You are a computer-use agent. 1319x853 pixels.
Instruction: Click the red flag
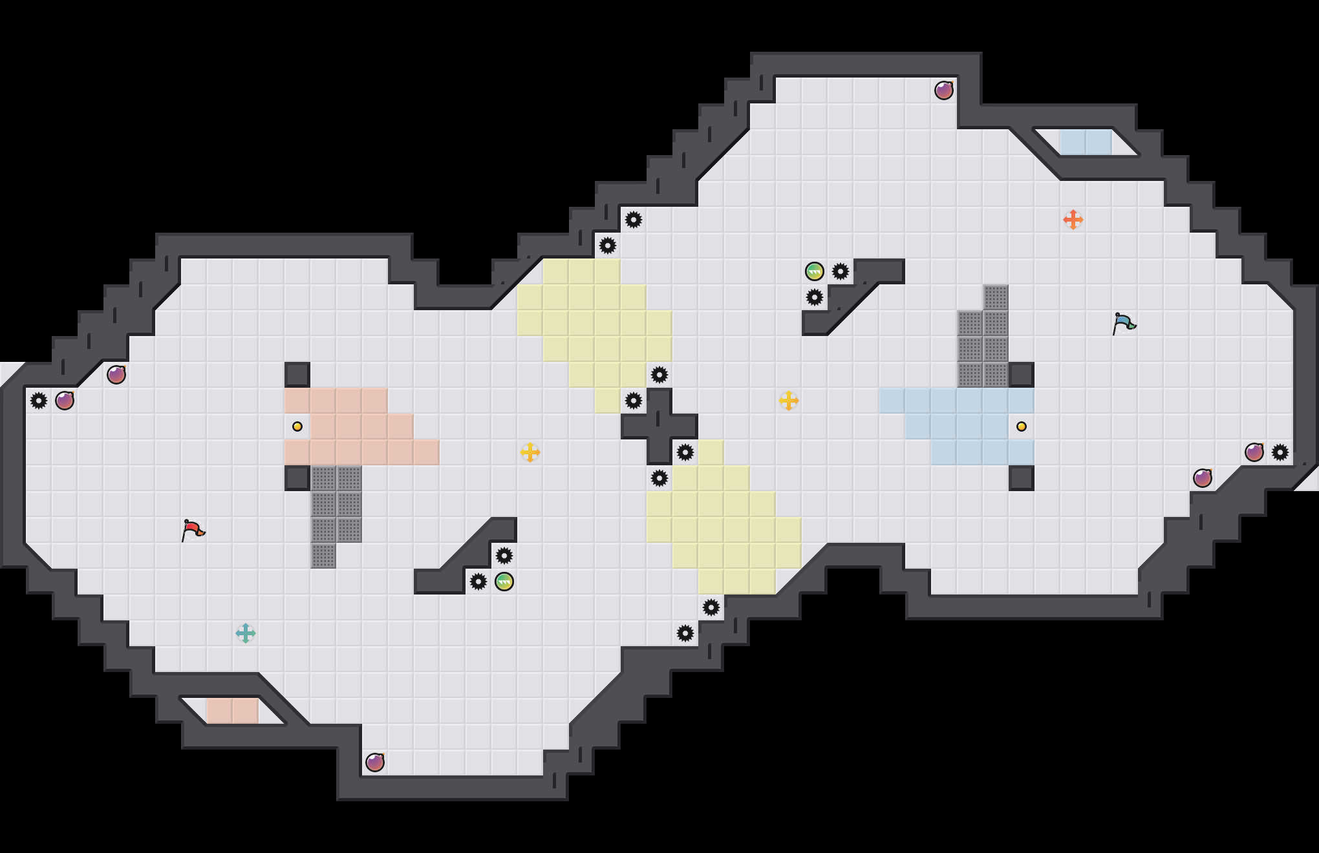point(193,530)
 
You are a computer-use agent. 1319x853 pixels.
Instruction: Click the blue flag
point(1124,323)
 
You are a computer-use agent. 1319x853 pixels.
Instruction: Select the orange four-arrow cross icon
point(1073,220)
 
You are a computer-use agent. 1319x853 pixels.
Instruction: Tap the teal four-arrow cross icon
point(246,633)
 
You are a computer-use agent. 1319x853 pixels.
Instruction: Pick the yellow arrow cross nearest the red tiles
point(530,452)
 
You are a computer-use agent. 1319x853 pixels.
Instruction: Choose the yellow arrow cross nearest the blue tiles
point(789,401)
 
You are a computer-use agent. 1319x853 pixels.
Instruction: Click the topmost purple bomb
point(944,90)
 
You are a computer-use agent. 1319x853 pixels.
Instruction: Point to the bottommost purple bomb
point(375,763)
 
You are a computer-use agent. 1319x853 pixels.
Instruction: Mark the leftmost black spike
point(39,401)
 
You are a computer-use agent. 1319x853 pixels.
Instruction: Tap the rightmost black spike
point(1280,452)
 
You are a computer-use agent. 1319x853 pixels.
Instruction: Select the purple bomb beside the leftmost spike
point(65,401)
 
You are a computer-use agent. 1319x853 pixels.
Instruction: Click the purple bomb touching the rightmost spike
point(1254,452)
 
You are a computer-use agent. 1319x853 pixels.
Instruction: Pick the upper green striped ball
point(815,271)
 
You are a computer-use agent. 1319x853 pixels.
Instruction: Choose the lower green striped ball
point(504,582)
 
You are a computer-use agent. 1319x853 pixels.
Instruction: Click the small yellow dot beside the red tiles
point(297,426)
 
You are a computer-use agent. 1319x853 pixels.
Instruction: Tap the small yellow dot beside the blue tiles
point(1022,426)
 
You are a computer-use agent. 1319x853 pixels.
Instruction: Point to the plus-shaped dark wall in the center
point(659,426)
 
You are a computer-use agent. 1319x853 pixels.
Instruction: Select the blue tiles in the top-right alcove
point(1086,142)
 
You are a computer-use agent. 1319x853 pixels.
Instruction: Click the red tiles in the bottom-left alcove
point(233,711)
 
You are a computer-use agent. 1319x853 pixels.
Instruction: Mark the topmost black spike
point(634,220)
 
